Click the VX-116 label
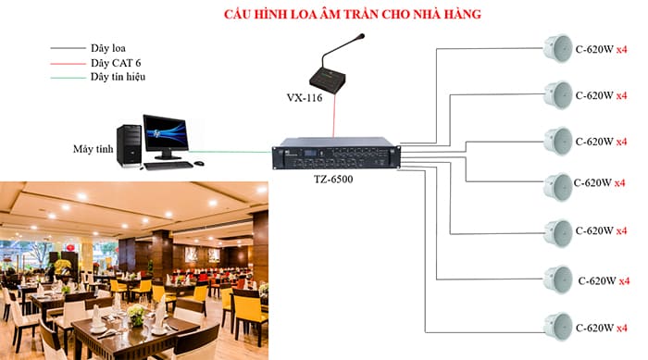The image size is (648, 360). point(305,96)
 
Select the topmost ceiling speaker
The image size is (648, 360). point(558,48)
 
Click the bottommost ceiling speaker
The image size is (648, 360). point(558,326)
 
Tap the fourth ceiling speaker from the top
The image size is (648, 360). point(558,188)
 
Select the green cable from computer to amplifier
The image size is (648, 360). point(231,149)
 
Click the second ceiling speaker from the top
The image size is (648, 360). point(558,95)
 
